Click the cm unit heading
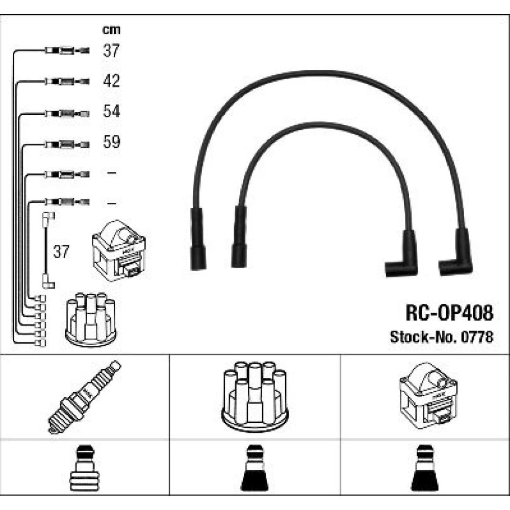pyautogui.click(x=111, y=30)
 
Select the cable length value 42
pyautogui.click(x=111, y=81)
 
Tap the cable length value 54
pyautogui.click(x=111, y=111)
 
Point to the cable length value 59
pyautogui.click(x=111, y=141)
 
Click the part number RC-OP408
pyautogui.click(x=449, y=313)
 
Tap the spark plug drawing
pyautogui.click(x=84, y=397)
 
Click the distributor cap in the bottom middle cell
pyautogui.click(x=255, y=397)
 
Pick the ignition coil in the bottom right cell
pyautogui.click(x=428, y=396)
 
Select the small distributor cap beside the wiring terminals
pyautogui.click(x=91, y=319)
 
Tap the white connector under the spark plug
pyautogui.click(x=84, y=468)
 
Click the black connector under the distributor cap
pyautogui.click(x=254, y=468)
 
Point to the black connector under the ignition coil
pyautogui.click(x=425, y=468)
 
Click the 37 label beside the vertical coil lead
pyautogui.click(x=61, y=251)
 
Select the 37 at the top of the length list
pyautogui.click(x=111, y=50)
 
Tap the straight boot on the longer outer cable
pyautogui.click(x=198, y=239)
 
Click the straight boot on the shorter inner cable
pyautogui.click(x=239, y=237)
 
